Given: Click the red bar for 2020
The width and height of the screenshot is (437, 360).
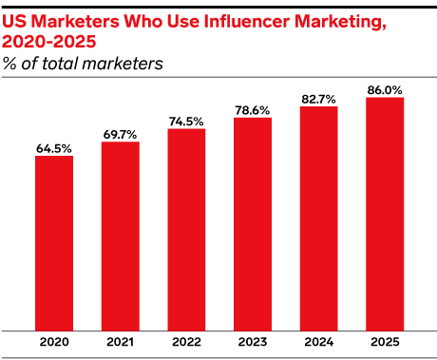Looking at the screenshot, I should [x=54, y=242].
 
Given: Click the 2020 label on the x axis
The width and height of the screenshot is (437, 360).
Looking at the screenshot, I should [x=54, y=342].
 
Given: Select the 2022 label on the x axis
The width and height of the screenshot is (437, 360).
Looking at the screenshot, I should [x=186, y=342].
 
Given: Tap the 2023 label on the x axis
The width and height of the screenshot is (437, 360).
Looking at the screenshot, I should [x=253, y=342].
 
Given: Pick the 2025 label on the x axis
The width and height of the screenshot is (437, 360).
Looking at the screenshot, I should [x=385, y=342].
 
